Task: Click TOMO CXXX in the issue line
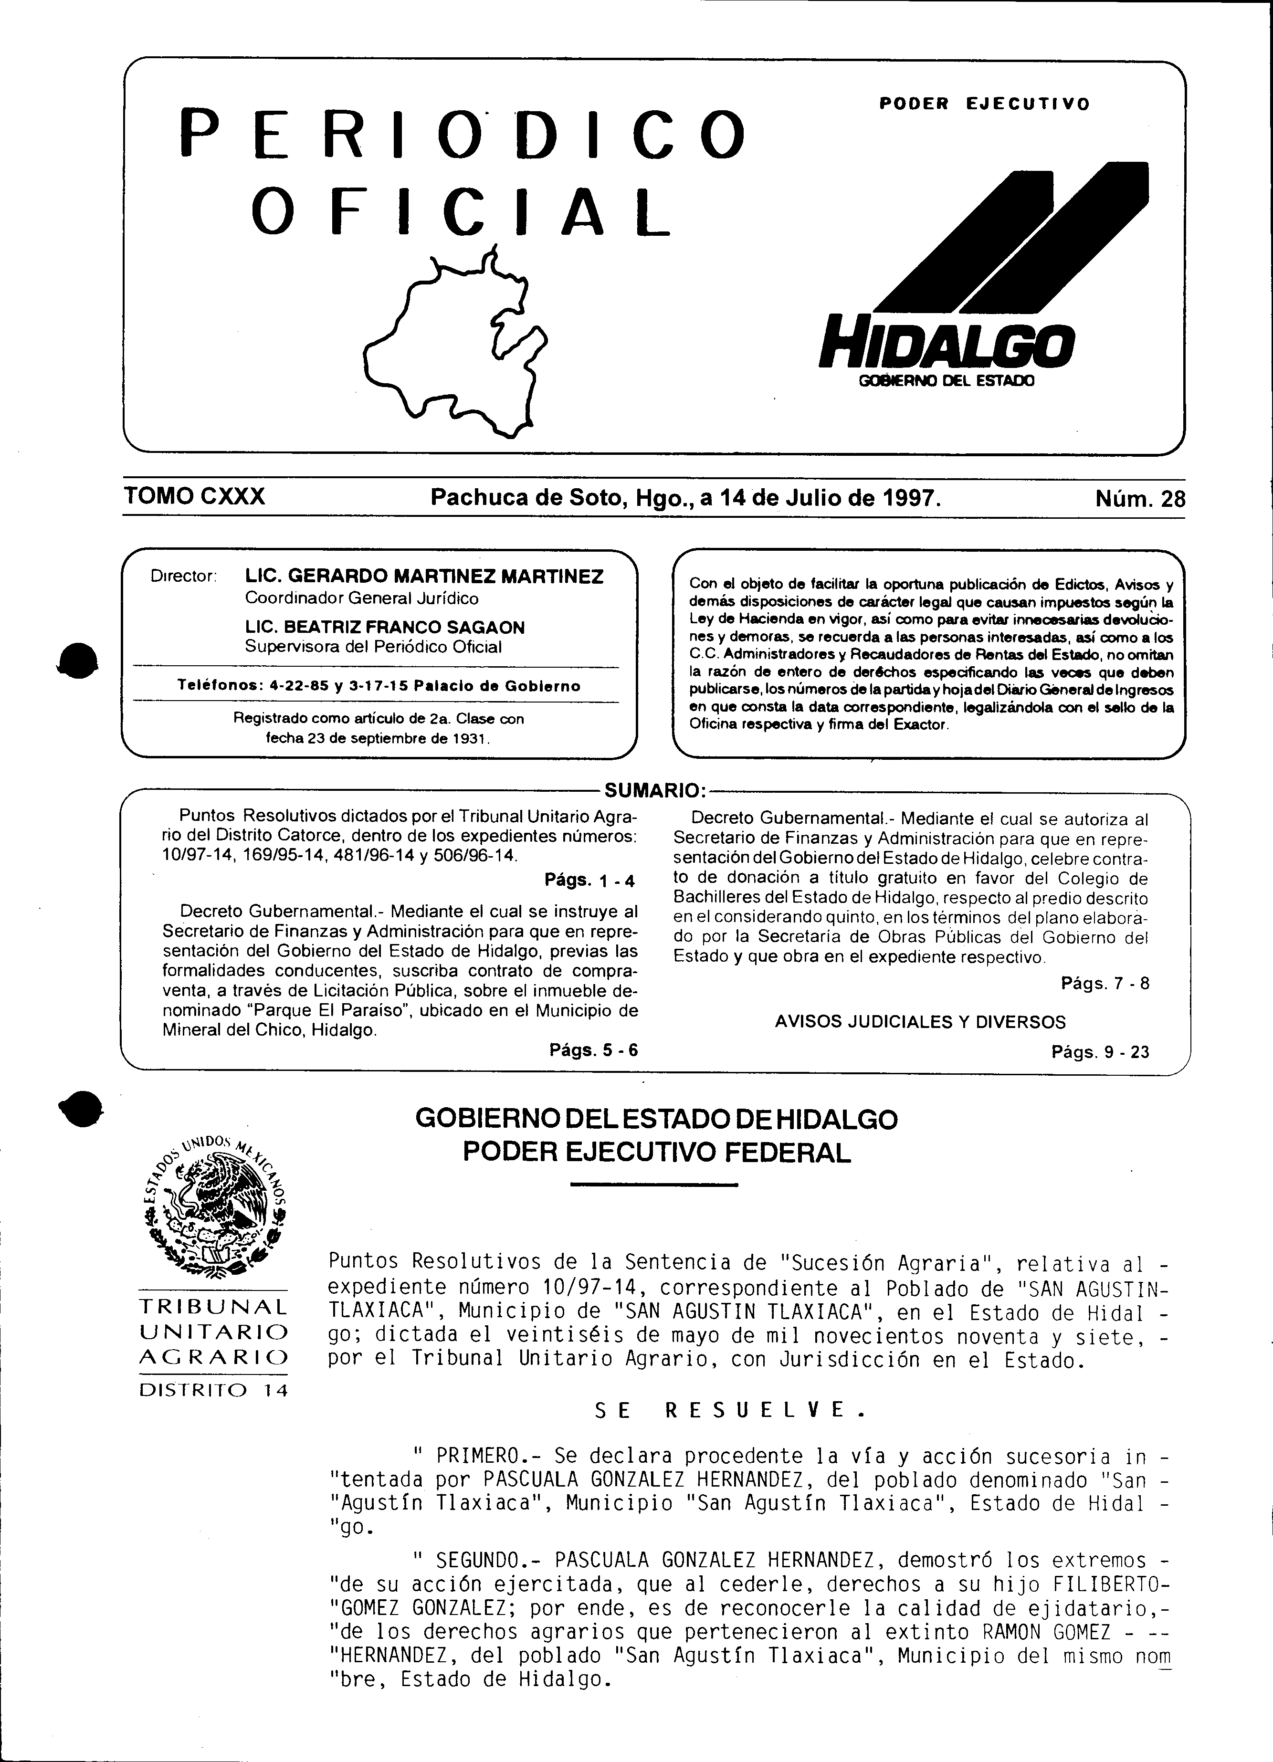(x=194, y=496)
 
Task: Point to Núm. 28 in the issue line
(x=1140, y=498)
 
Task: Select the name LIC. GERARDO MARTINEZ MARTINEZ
(x=423, y=577)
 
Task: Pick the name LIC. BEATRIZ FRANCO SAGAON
(x=385, y=627)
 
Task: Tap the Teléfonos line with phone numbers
(x=379, y=686)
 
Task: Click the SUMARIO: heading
(x=654, y=791)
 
